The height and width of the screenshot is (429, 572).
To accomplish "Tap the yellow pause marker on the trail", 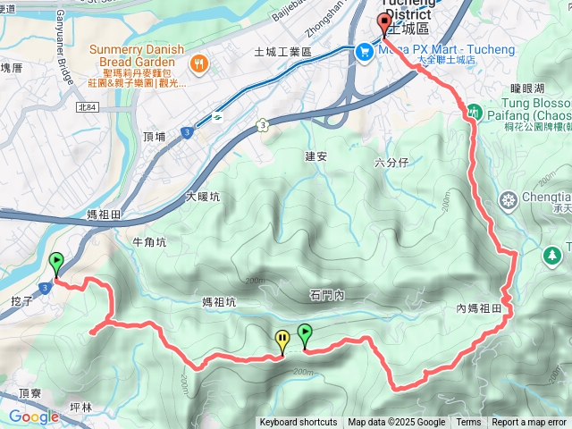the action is pos(282,340).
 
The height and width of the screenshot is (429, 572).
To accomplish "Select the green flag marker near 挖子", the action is pos(56,264).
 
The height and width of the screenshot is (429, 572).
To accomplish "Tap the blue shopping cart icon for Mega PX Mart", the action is pos(364,52).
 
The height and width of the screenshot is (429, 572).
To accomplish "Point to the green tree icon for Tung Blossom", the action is pos(475,113).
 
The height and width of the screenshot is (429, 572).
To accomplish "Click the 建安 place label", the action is pos(317,156).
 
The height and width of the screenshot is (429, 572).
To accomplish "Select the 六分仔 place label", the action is pos(391,163).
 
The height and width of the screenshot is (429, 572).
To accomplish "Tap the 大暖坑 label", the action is pos(203,197).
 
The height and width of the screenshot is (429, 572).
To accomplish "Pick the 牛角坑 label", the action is pos(148,242).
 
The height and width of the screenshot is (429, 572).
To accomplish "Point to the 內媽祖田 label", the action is pos(484,308).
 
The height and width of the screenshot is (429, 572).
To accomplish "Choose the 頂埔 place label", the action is pos(154,137).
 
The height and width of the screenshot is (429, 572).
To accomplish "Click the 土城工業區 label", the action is pos(282,53).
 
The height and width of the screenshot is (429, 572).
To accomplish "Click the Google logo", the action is pos(33,416).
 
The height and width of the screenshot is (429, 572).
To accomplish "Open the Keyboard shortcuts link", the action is pos(299,423).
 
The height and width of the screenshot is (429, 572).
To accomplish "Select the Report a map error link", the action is pos(529,423).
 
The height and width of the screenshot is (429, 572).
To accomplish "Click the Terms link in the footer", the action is pos(468,423).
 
